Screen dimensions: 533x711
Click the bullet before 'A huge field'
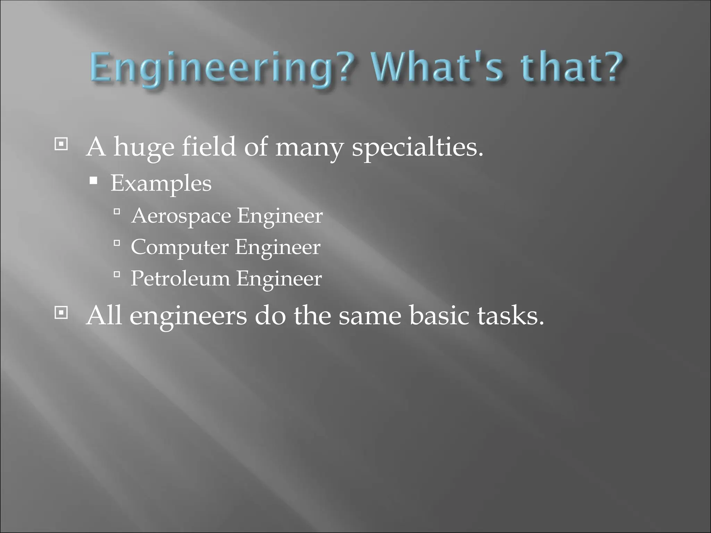point(61,144)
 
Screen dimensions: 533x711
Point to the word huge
point(144,147)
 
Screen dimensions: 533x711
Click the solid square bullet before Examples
point(93,180)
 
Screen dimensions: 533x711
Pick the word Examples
point(161,184)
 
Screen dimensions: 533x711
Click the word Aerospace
point(181,216)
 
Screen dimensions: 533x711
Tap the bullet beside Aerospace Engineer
point(117,211)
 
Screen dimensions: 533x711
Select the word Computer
point(180,248)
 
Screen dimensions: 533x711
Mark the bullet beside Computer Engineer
point(117,243)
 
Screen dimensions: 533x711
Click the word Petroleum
point(180,279)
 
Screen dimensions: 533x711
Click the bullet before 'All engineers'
point(61,313)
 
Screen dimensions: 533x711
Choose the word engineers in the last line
point(188,316)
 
